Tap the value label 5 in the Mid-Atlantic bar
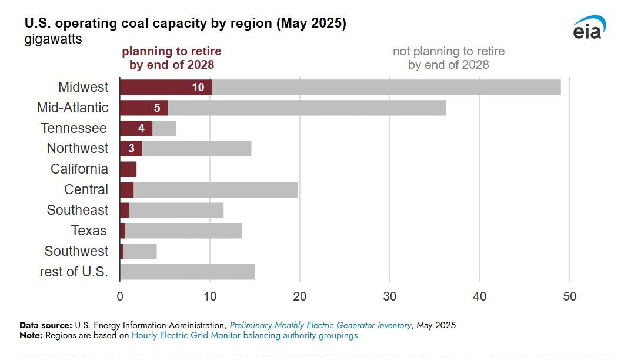click(x=157, y=108)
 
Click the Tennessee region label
click(x=74, y=128)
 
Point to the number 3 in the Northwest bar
click(x=131, y=148)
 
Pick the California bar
click(x=128, y=169)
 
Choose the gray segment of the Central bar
click(x=215, y=190)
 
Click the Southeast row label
click(x=78, y=210)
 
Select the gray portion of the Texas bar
click(x=183, y=231)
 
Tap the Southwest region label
click(x=76, y=251)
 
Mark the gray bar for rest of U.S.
click(x=187, y=272)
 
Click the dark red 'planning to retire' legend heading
click(x=171, y=58)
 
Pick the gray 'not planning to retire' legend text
click(x=449, y=58)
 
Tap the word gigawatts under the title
click(x=54, y=40)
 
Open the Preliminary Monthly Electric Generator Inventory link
click(x=320, y=325)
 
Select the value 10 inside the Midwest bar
click(x=198, y=87)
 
